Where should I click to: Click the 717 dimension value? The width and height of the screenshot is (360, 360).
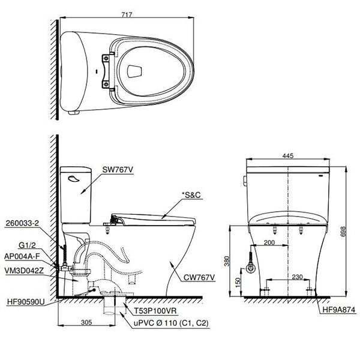click(127, 14)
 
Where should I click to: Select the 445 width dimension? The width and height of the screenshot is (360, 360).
click(288, 155)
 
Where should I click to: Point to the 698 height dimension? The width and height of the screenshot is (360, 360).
click(343, 232)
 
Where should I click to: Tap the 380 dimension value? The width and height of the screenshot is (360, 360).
click(227, 261)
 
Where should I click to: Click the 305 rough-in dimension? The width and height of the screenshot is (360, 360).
click(86, 322)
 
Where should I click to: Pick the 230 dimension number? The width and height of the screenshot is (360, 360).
click(297, 277)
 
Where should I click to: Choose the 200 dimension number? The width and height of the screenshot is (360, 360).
click(269, 242)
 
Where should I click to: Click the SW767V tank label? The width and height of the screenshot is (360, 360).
click(118, 170)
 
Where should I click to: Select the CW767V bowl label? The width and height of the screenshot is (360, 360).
click(199, 278)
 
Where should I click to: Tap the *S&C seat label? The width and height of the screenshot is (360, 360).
click(191, 195)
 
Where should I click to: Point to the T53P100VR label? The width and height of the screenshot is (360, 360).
click(155, 311)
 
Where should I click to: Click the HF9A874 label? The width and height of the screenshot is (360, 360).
click(339, 310)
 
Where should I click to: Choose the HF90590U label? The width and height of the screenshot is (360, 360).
click(26, 302)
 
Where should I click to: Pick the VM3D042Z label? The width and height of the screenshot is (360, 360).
click(24, 271)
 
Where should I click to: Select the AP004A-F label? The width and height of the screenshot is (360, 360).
click(22, 257)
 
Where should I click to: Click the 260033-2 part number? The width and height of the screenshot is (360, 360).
click(22, 223)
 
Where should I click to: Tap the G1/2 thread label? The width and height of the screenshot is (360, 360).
click(27, 245)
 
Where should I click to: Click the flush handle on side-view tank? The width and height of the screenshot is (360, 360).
click(74, 179)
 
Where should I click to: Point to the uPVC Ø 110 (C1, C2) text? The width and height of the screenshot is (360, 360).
click(171, 323)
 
